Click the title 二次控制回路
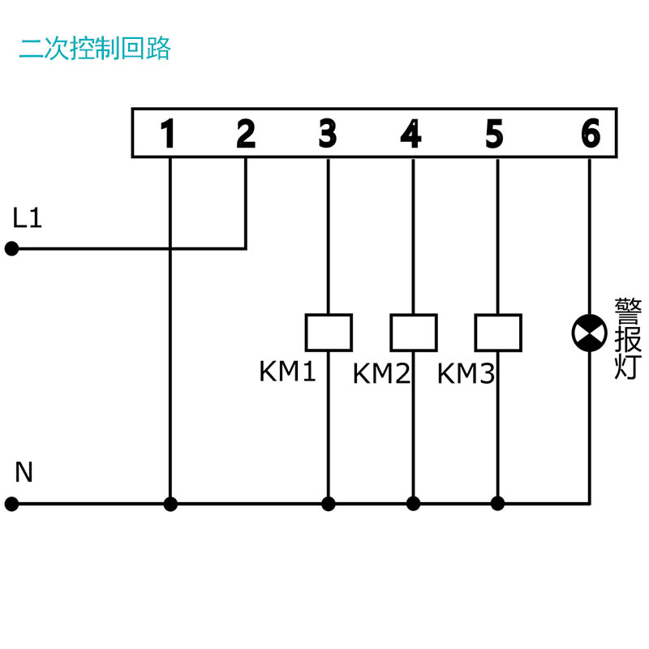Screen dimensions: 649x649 [x=95, y=49]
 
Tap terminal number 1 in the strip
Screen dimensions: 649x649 [x=168, y=133]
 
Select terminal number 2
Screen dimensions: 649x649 [x=246, y=133]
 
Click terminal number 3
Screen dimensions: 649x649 [x=328, y=133]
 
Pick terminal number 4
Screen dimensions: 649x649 [x=411, y=133]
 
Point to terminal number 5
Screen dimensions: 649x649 [x=494, y=133]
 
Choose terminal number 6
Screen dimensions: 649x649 [x=591, y=133]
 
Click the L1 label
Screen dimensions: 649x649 [x=28, y=218]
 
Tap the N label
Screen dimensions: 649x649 [x=24, y=472]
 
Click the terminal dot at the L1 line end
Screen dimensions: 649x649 [x=11, y=249]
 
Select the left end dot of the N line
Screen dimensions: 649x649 [x=11, y=504]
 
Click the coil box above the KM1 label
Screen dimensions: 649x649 [x=329, y=333]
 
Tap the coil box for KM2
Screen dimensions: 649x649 [x=414, y=333]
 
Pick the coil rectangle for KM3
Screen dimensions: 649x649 [x=498, y=333]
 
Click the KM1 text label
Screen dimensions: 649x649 [x=287, y=372]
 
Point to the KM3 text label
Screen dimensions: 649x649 [x=466, y=374]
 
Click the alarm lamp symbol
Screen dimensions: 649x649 [x=590, y=333]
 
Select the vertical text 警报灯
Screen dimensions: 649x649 [x=628, y=338]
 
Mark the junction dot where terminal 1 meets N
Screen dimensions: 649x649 [x=170, y=504]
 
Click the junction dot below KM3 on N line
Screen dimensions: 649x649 [x=497, y=504]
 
